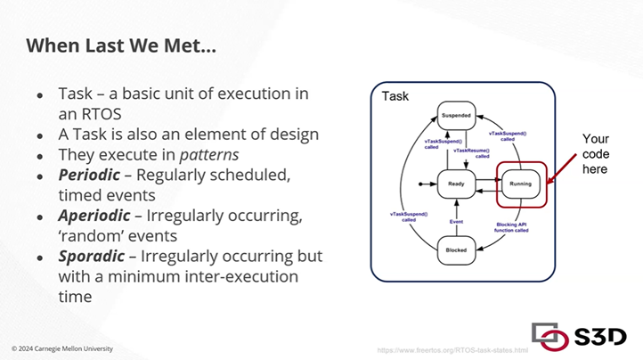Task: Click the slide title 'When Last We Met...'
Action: tap(120, 45)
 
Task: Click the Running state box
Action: tap(520, 184)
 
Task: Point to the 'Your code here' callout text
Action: tap(595, 153)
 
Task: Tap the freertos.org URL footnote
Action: tap(452, 349)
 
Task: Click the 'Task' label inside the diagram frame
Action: tap(395, 95)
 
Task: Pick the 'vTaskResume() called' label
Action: tap(471, 154)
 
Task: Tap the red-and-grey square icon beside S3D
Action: tap(550, 333)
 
